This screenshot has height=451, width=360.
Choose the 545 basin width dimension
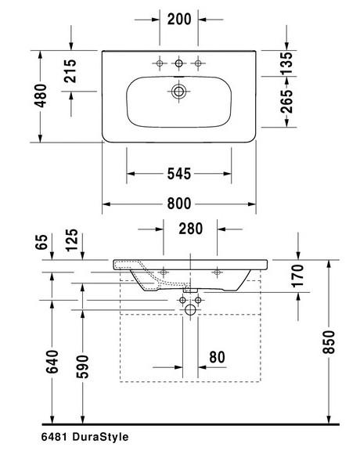pyautogui.click(x=179, y=172)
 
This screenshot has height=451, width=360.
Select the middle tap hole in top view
pyautogui.click(x=179, y=63)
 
